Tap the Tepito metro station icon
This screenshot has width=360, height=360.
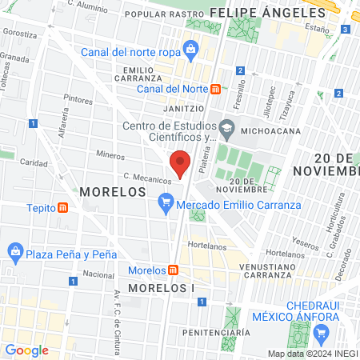click(63, 207)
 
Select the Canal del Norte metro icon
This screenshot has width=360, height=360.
click(215, 89)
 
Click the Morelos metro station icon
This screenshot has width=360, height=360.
click(174, 270)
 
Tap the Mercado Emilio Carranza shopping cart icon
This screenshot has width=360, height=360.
click(166, 204)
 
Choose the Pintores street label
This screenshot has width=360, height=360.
click(78, 101)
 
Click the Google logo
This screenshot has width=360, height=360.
click(26, 350)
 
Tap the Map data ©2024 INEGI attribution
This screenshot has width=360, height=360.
click(312, 354)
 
